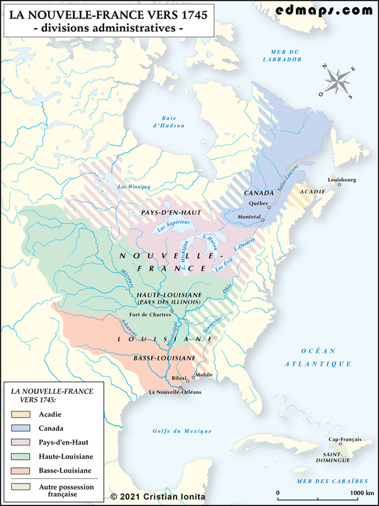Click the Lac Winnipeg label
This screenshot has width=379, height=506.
134,187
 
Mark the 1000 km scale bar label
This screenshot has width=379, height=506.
361,492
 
